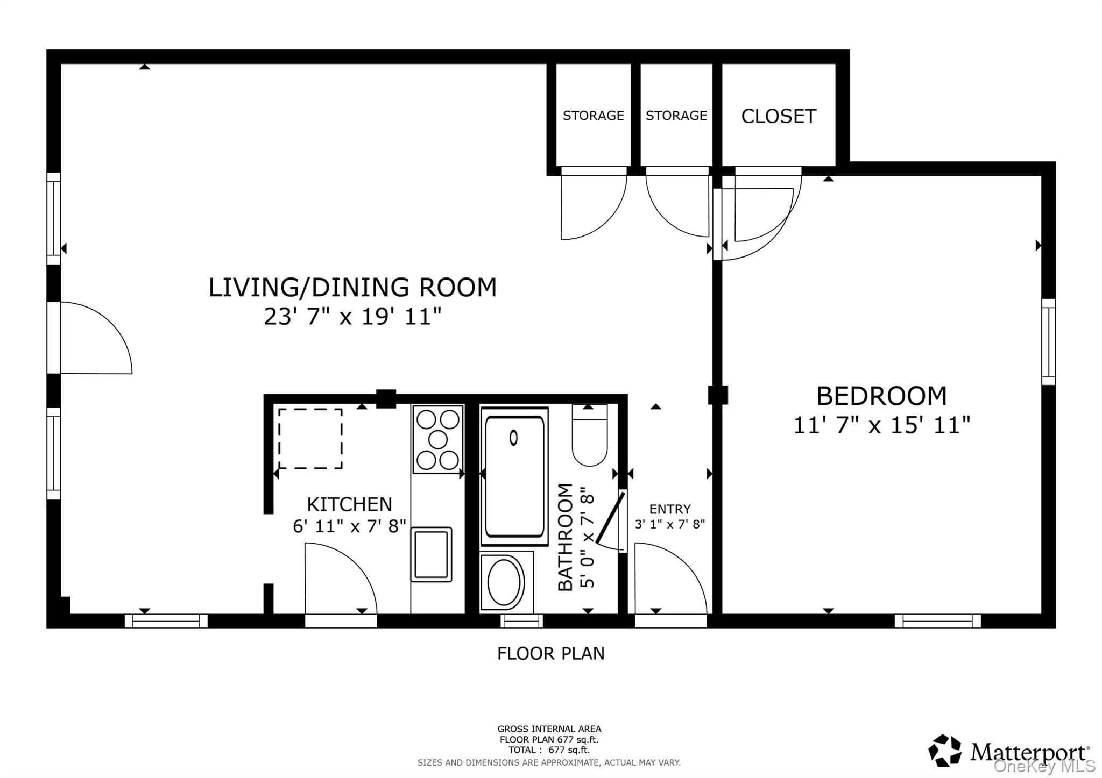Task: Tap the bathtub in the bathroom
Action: [514, 473]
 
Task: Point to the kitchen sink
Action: [431, 554]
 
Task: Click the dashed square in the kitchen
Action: [310, 438]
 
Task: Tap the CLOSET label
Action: [778, 116]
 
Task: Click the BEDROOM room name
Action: [881, 396]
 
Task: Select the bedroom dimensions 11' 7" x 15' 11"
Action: [881, 425]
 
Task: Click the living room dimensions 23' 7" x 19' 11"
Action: [352, 317]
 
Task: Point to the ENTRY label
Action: [669, 509]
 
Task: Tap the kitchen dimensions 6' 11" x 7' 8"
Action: [349, 526]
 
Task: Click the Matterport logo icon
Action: [944, 750]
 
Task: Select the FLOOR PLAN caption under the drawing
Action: [550, 653]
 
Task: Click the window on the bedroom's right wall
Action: [1048, 341]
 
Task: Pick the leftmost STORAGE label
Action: [593, 116]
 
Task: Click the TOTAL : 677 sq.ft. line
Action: [548, 750]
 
